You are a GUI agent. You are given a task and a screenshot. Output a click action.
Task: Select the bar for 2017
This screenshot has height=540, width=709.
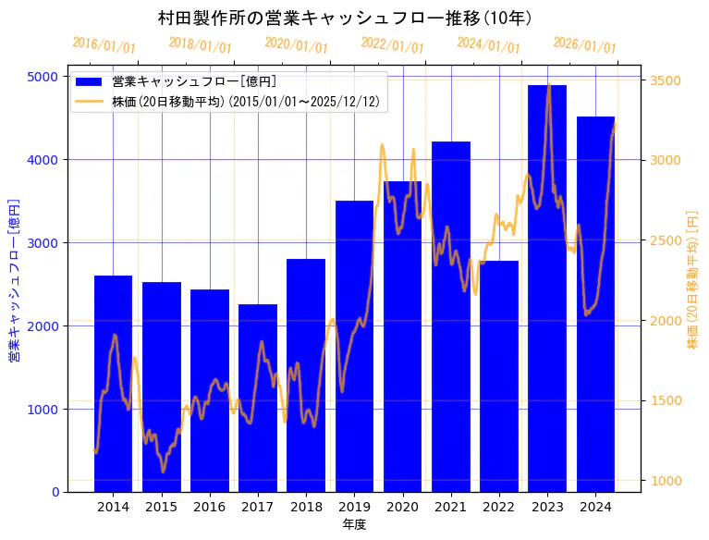pyautogui.click(x=258, y=398)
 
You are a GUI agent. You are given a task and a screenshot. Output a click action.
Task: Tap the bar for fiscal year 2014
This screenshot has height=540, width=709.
pyautogui.click(x=113, y=384)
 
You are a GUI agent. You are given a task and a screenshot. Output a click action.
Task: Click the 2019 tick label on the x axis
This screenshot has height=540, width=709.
pyautogui.click(x=354, y=507)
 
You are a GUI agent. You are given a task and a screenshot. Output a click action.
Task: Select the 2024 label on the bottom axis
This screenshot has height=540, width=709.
pyautogui.click(x=595, y=507)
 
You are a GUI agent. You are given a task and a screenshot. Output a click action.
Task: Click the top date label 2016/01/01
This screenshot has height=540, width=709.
pyautogui.click(x=104, y=45)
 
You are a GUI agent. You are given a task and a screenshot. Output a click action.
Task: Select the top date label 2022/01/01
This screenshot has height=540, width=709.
pyautogui.click(x=392, y=45)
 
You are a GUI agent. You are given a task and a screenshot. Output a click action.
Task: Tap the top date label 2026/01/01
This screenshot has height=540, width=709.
pyautogui.click(x=584, y=45)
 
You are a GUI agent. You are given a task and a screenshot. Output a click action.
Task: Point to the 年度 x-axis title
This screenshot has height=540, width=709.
pyautogui.click(x=354, y=524)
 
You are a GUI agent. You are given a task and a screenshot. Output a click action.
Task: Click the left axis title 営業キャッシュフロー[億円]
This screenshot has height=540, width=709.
pyautogui.click(x=15, y=280)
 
